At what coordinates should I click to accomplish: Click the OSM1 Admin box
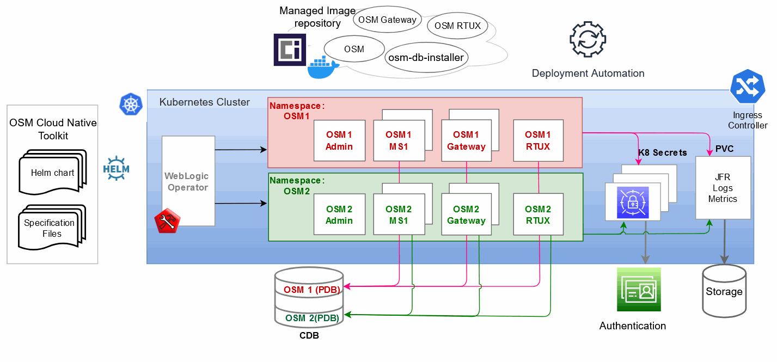pyautogui.click(x=339, y=140)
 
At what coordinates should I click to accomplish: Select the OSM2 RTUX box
pyautogui.click(x=538, y=214)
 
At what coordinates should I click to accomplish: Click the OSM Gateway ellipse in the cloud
pyautogui.click(x=387, y=20)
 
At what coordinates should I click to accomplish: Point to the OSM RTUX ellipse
pyautogui.click(x=457, y=26)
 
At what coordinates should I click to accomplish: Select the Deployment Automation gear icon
pyautogui.click(x=588, y=40)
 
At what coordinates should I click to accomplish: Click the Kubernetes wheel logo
pyautogui.click(x=131, y=104)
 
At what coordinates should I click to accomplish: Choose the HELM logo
pyautogui.click(x=116, y=168)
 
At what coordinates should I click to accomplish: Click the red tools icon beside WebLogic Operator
pyautogui.click(x=167, y=221)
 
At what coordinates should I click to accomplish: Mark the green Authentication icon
pyautogui.click(x=638, y=289)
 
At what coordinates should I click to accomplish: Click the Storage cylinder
pyautogui.click(x=724, y=291)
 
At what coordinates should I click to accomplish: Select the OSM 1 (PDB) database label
pyautogui.click(x=309, y=289)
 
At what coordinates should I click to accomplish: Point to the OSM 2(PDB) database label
pyautogui.click(x=309, y=317)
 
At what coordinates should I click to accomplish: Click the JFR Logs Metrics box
pyautogui.click(x=723, y=188)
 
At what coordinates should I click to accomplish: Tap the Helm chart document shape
pyautogui.click(x=52, y=174)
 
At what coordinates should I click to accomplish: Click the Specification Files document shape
pyautogui.click(x=50, y=228)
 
